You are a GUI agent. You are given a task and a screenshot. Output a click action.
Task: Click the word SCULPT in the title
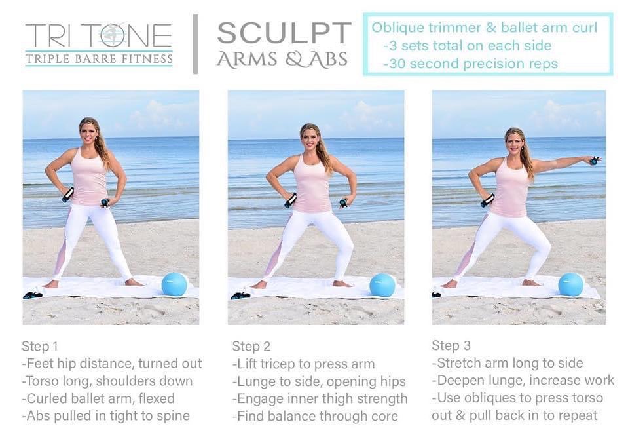[x=284, y=33]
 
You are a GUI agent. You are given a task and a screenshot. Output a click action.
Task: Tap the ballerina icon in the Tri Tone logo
[x=112, y=35]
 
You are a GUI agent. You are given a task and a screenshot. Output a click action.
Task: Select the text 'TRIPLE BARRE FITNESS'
[x=99, y=59]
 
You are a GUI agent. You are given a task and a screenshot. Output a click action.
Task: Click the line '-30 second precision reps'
[x=470, y=64]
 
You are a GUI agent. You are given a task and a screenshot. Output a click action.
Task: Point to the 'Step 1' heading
[x=40, y=346]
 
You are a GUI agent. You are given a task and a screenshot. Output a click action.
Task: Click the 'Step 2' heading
[x=251, y=346]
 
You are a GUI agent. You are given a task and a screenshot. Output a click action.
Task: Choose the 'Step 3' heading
[x=451, y=345]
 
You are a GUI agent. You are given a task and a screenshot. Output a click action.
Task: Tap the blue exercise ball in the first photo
[x=175, y=284]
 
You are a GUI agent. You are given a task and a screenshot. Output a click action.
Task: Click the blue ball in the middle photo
[x=382, y=285]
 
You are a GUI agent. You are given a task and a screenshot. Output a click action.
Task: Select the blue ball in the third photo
[x=571, y=284]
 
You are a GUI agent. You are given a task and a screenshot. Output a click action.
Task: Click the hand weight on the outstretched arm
[x=594, y=161]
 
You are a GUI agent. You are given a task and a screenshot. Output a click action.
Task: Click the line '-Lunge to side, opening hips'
[x=319, y=382]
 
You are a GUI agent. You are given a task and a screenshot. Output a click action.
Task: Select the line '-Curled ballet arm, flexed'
[x=98, y=398]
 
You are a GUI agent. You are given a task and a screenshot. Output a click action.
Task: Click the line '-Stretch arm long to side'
[x=508, y=363]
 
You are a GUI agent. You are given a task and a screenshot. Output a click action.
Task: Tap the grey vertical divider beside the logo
[x=195, y=44]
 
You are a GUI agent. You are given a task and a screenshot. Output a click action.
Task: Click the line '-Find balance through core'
[x=315, y=416]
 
